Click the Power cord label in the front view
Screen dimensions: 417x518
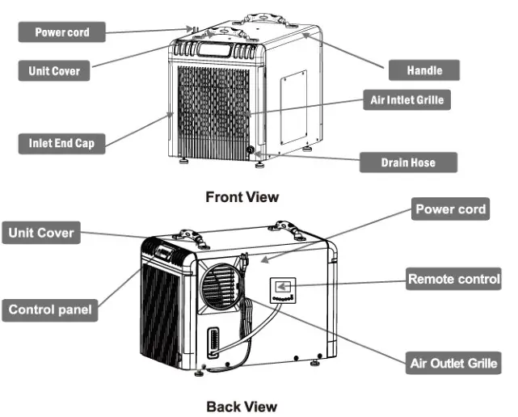(x=61, y=32)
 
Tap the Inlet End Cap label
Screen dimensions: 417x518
(x=61, y=144)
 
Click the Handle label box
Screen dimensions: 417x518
(x=423, y=70)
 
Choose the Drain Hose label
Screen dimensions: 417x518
(x=407, y=162)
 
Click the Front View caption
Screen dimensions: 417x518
(x=242, y=196)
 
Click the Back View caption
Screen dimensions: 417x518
(x=242, y=406)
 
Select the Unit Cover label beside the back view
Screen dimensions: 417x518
(x=41, y=234)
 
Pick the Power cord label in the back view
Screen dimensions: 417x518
(x=450, y=209)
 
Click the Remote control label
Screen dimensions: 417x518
(x=453, y=280)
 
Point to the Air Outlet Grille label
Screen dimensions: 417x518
(x=453, y=363)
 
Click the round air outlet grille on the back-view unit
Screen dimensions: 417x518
(x=219, y=286)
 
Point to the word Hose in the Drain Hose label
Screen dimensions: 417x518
(x=421, y=162)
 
